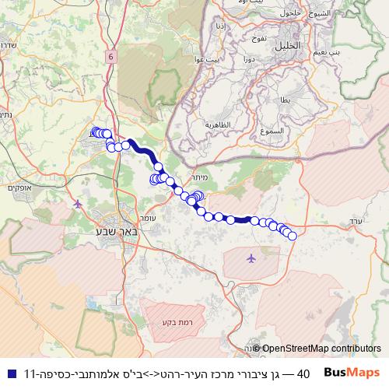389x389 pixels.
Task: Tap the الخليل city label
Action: tap(286, 47)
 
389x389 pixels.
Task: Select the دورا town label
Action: tap(249, 59)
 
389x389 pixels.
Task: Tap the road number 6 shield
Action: tap(111, 57)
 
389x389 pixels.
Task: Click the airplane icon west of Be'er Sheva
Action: tap(78, 204)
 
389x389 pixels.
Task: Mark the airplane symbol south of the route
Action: tap(251, 258)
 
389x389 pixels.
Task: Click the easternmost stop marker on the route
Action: tap(293, 236)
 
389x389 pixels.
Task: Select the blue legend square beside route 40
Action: tap(10, 373)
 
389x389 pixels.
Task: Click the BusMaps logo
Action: tap(352, 373)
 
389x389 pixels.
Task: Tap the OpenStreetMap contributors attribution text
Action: tap(321, 349)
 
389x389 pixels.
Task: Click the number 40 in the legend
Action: tap(304, 373)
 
